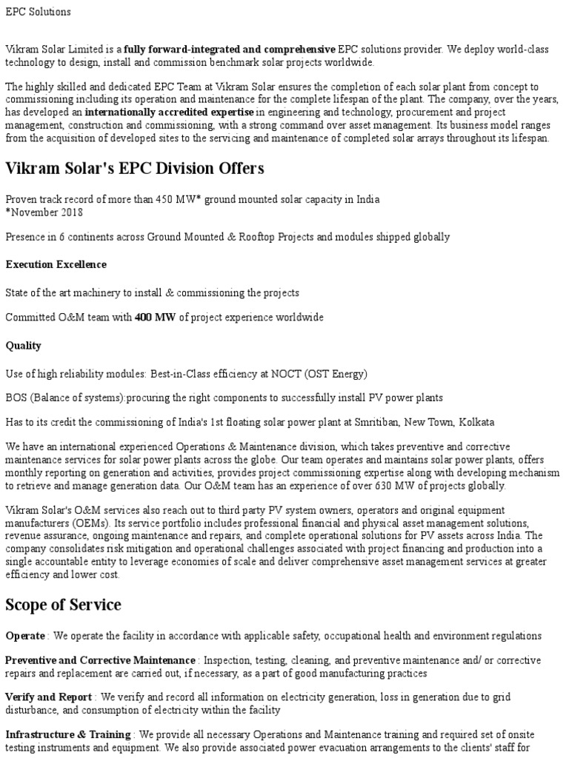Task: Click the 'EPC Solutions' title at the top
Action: (x=39, y=12)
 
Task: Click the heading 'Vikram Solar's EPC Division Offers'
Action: (x=135, y=169)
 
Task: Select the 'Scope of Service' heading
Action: (x=63, y=605)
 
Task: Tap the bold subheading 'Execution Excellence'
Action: (x=56, y=264)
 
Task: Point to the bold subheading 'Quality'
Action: (x=24, y=346)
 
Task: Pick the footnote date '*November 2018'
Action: (x=44, y=212)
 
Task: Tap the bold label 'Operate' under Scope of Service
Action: (x=26, y=637)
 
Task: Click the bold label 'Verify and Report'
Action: (x=49, y=697)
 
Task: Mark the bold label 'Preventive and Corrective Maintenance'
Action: (x=101, y=660)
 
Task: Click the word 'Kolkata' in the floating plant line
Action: (x=476, y=422)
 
